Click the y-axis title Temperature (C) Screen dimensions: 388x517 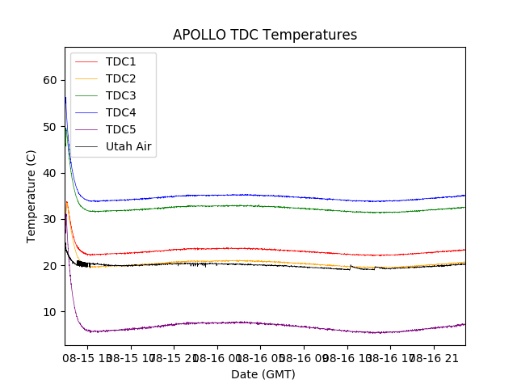[x=32, y=196]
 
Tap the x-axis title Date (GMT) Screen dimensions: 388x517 [x=263, y=374]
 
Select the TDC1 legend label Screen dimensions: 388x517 [x=121, y=61]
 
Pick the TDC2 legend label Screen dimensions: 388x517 [x=121, y=78]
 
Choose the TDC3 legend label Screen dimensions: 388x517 [x=121, y=95]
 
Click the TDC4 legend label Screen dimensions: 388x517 [x=121, y=112]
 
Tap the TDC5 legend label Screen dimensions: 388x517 [x=121, y=129]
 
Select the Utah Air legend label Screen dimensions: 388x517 [x=128, y=146]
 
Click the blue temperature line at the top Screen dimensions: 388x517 [x=242, y=195]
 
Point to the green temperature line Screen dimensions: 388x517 [x=242, y=205]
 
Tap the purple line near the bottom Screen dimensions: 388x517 [x=242, y=323]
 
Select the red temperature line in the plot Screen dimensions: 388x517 [x=242, y=248]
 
